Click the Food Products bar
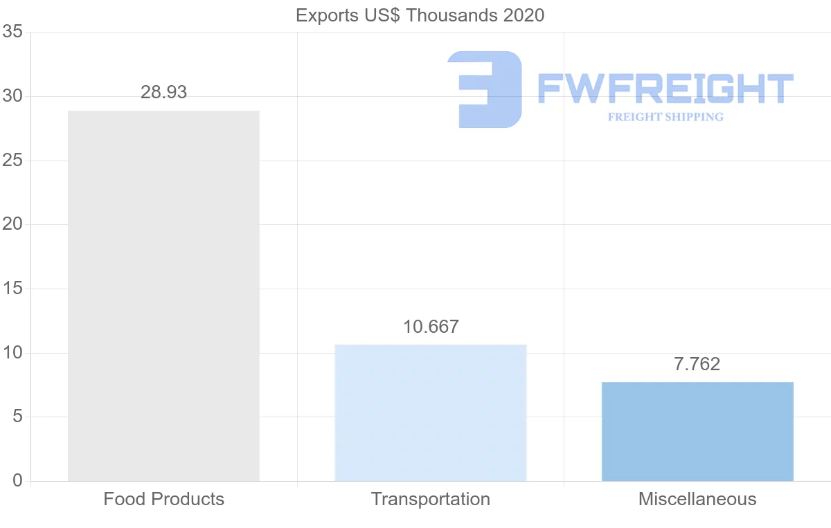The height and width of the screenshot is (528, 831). pyautogui.click(x=163, y=295)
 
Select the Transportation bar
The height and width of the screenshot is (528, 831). pyautogui.click(x=430, y=412)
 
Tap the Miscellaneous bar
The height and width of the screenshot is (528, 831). pyautogui.click(x=697, y=431)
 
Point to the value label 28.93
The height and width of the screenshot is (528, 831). pyautogui.click(x=163, y=93)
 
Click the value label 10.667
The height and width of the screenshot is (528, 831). pyautogui.click(x=431, y=327)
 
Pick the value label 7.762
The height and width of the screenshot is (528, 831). pyautogui.click(x=697, y=364)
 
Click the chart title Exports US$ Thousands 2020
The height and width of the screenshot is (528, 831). pyautogui.click(x=420, y=15)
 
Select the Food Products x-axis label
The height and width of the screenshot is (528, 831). pyautogui.click(x=163, y=499)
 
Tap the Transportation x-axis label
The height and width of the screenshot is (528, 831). pyautogui.click(x=430, y=499)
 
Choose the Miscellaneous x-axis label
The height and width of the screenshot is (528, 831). pyautogui.click(x=697, y=499)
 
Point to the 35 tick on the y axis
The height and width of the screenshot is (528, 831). pyautogui.click(x=12, y=33)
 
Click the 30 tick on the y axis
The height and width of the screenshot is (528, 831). pyautogui.click(x=12, y=97)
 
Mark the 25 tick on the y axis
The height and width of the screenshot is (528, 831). pyautogui.click(x=12, y=161)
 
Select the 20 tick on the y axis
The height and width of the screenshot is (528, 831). pyautogui.click(x=12, y=225)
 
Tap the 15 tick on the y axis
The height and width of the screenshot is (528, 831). pyautogui.click(x=12, y=289)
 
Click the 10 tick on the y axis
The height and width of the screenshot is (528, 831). pyautogui.click(x=12, y=353)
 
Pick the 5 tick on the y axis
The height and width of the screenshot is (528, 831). pyautogui.click(x=17, y=417)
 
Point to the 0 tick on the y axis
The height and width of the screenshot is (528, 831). pyautogui.click(x=17, y=481)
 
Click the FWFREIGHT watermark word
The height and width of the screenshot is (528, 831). pyautogui.click(x=665, y=89)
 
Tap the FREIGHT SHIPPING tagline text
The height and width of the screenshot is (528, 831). pyautogui.click(x=665, y=117)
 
